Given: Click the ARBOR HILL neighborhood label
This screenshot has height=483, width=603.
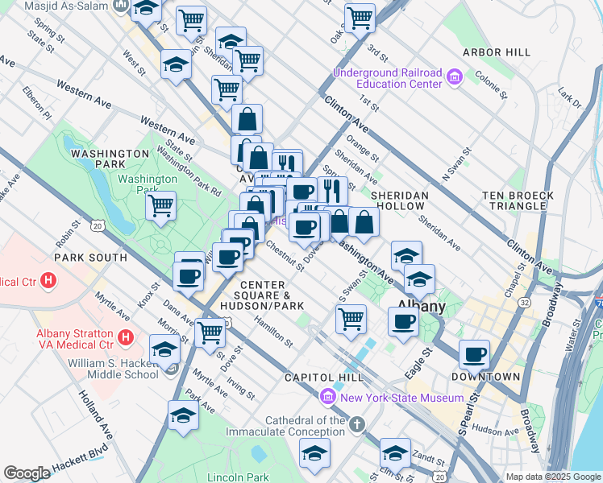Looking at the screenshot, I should click(x=496, y=52).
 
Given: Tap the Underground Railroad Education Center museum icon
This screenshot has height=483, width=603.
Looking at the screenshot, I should click(x=453, y=77).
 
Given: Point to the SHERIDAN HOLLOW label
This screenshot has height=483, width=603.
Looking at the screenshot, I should click(x=399, y=200).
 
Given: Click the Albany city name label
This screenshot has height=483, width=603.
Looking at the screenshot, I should click(x=422, y=307).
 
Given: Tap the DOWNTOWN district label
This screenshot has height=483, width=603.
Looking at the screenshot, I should click(x=485, y=377).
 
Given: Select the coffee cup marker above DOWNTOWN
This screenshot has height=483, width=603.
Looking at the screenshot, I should click(x=475, y=353).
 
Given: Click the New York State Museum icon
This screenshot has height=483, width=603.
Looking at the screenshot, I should click(x=327, y=397).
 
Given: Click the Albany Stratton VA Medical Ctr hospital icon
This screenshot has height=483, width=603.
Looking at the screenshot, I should click(x=125, y=336).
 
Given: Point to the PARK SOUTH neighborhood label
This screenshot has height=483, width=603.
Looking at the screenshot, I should click(x=90, y=258).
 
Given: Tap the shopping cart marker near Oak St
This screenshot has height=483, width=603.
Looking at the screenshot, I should click(x=360, y=18).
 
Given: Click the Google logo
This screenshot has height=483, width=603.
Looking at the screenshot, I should click(x=27, y=473).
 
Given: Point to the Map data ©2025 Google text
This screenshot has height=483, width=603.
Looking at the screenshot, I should click(x=552, y=477).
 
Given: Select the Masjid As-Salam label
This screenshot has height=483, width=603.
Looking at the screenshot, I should click(x=67, y=6).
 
